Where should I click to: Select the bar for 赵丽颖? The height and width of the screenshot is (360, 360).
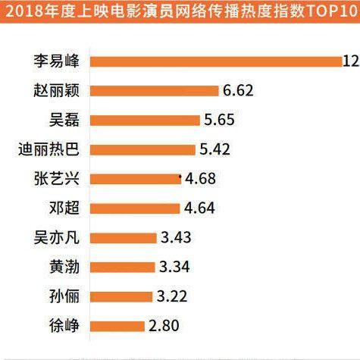click(x=155, y=90)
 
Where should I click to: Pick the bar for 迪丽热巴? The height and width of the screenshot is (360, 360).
click(x=142, y=149)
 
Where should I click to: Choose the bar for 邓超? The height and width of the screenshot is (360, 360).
click(x=135, y=208)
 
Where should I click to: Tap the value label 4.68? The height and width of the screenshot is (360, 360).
click(x=200, y=179)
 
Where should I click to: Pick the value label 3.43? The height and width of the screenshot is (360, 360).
click(x=176, y=238)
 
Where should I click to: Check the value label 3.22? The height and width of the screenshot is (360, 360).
click(x=171, y=297)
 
